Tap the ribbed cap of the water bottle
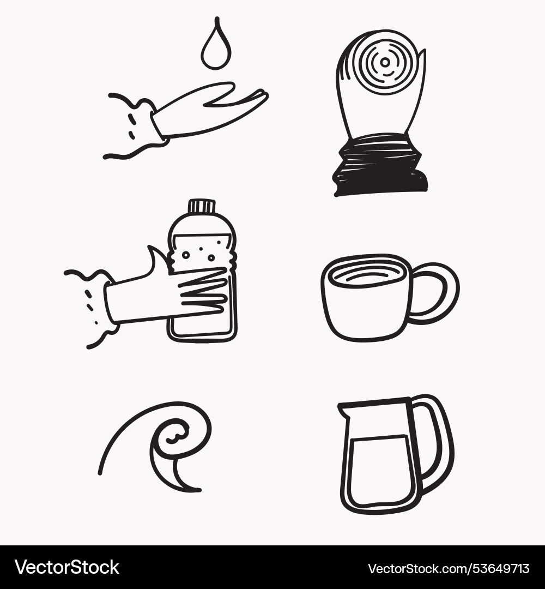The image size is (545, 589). pyautogui.click(x=202, y=206)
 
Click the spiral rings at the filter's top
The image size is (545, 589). pyautogui.click(x=385, y=63)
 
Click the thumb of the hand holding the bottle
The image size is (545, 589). pyautogui.click(x=156, y=261)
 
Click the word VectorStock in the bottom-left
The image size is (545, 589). pyautogui.click(x=66, y=567)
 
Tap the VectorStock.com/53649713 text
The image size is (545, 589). pyautogui.click(x=449, y=568)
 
